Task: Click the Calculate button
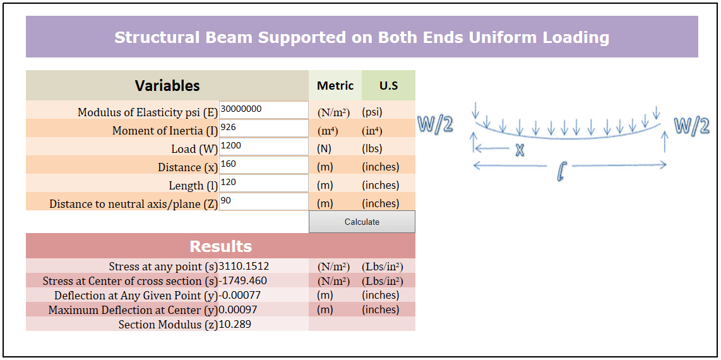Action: pos(362,222)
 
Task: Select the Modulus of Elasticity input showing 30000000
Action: pos(263,110)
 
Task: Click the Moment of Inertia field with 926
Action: pos(263,128)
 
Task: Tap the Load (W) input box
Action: pos(263,147)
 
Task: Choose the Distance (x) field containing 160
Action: pos(263,165)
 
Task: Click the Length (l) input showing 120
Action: pos(263,183)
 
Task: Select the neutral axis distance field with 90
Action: pos(263,201)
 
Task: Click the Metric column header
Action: pos(335,85)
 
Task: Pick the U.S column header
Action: pos(388,85)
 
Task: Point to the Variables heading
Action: pos(167,85)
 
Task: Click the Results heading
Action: pos(220,246)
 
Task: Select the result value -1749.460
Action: pos(242,281)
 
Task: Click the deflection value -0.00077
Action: pos(239,296)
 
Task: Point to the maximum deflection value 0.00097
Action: pos(238,310)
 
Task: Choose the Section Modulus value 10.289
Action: pos(235,325)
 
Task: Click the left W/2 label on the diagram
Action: pos(436,125)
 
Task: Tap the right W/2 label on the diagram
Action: pos(691,126)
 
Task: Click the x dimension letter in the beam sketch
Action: pos(520,150)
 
